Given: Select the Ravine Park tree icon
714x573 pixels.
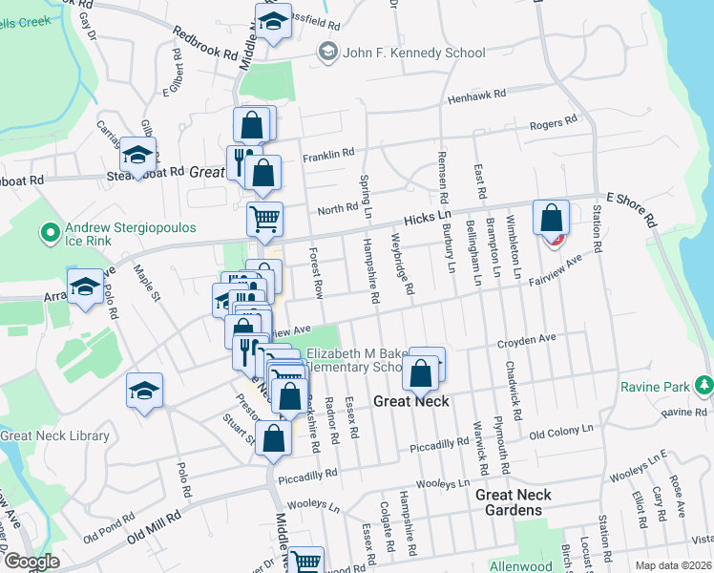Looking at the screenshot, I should coord(704,385).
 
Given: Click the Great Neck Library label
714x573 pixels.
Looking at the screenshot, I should coord(54,436).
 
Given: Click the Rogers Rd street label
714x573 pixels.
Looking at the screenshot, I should coord(555,123).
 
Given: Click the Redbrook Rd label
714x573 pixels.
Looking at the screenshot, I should coord(204,43).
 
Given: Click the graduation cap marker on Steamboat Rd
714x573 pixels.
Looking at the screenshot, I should coord(138,154).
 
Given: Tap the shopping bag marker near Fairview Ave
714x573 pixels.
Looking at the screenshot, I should coord(551,218).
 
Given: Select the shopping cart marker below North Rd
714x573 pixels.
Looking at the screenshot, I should coord(264,217).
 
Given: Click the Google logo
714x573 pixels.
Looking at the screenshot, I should coord(32,562).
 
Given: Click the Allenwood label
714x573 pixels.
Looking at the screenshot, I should coord(520,566).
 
